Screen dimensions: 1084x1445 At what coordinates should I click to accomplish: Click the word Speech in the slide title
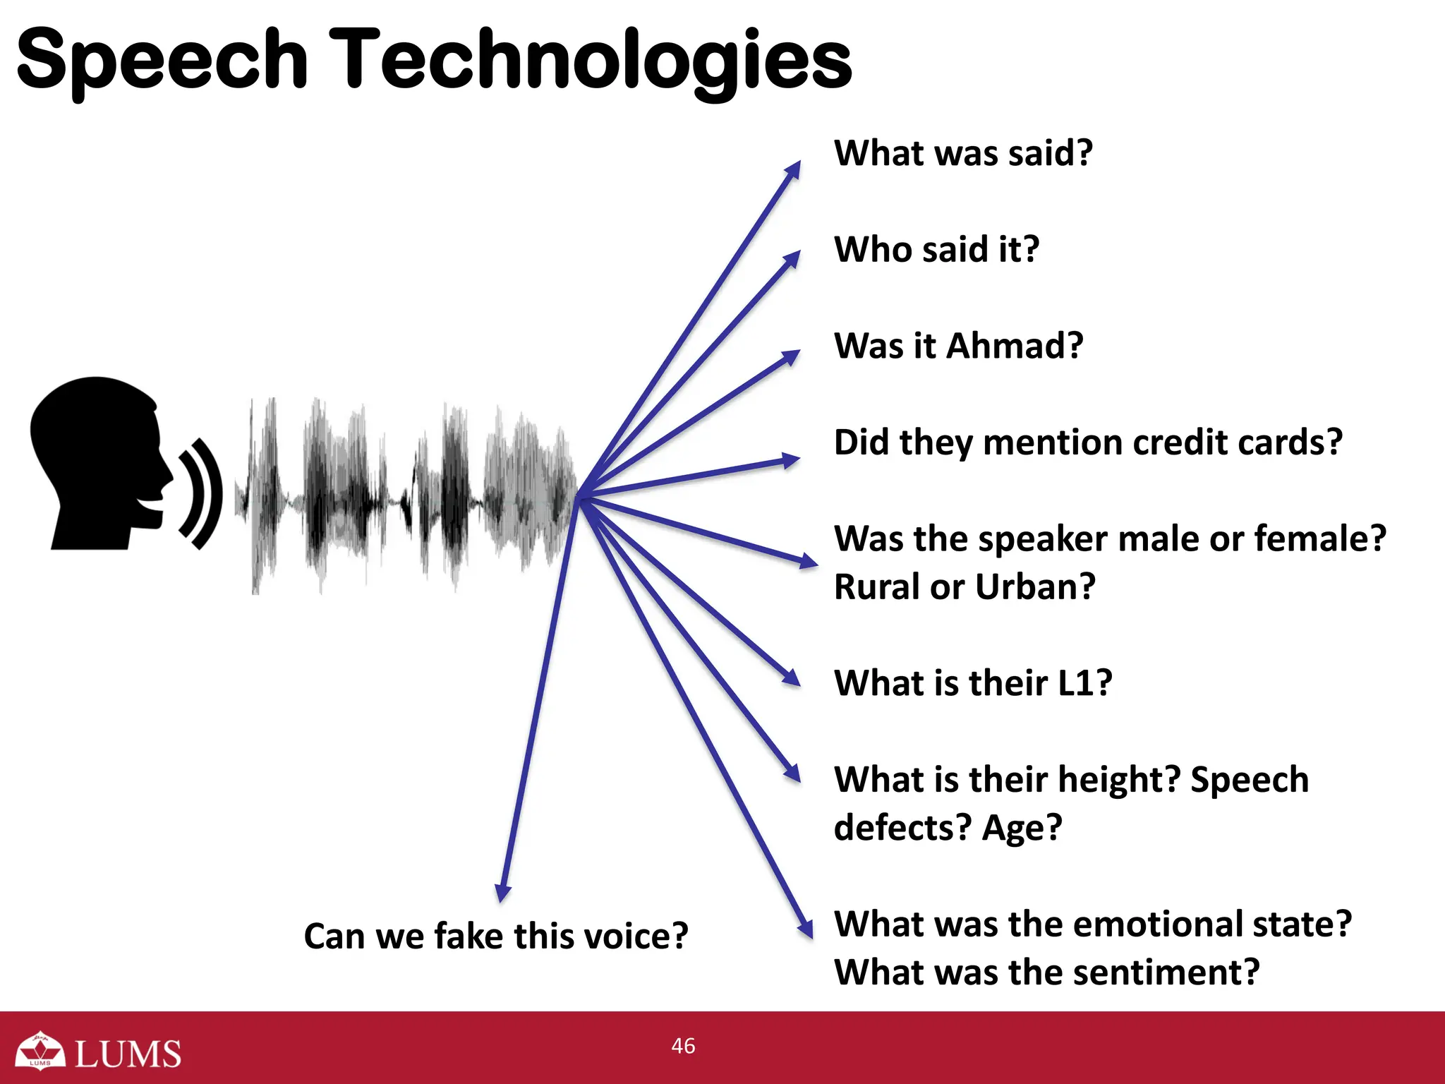pos(162,62)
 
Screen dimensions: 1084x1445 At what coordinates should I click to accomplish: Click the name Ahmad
pos(1014,346)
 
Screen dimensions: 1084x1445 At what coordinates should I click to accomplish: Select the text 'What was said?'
pos(963,153)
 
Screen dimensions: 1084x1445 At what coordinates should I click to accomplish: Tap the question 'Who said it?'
pos(936,249)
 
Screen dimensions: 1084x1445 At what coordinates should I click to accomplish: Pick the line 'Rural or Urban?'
pos(965,586)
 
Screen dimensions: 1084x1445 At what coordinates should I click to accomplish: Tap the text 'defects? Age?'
pos(948,827)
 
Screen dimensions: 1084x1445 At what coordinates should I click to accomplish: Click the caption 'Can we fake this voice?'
pos(495,937)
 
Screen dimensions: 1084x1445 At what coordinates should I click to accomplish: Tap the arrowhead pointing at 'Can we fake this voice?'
pos(502,893)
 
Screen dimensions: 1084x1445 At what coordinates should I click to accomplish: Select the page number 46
pos(683,1045)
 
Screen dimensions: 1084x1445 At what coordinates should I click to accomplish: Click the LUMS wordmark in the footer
pos(128,1054)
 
